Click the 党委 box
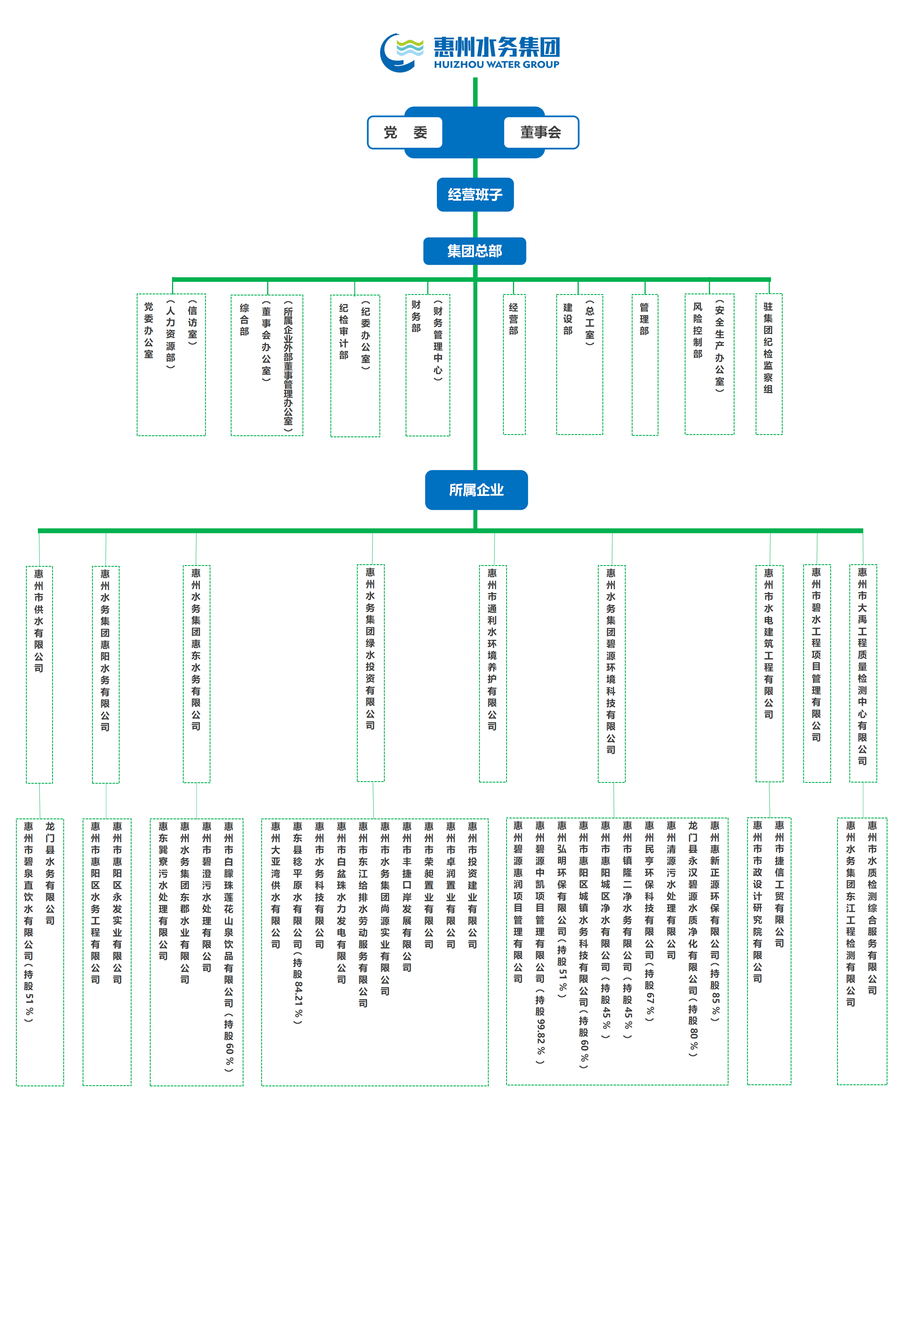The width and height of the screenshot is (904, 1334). coord(405,133)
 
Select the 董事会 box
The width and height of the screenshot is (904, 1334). coord(541,133)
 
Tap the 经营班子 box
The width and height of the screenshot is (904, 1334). coord(475,195)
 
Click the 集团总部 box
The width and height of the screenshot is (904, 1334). coord(475,251)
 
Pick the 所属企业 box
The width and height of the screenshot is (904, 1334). coord(476,490)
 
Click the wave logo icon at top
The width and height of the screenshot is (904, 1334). coord(402,52)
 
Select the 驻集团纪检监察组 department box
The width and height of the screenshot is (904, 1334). coord(768,364)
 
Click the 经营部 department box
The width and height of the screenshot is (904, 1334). coord(514,364)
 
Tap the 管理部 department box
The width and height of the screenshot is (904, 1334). coord(645,364)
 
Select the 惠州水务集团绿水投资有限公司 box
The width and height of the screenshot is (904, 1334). coord(371,673)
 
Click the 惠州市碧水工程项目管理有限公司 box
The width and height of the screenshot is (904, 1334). coord(816,673)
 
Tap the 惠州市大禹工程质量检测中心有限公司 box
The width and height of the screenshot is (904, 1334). coord(863,673)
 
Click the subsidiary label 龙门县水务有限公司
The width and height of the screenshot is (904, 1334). coord(50,873)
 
